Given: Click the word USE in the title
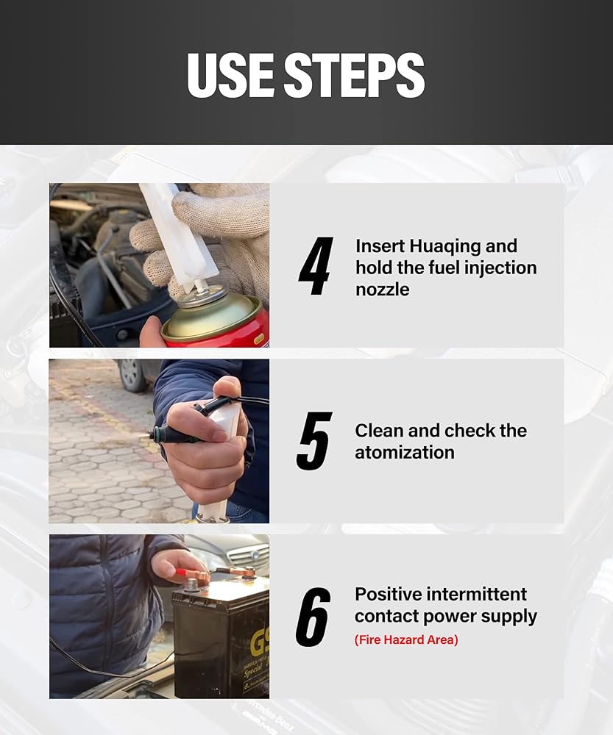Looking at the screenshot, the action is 231,75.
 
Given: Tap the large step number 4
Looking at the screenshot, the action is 316,266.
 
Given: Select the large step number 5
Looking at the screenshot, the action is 314,441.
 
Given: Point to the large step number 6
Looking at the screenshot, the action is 313,617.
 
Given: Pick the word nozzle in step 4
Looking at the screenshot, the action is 382,290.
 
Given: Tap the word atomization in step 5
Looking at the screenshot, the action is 405,453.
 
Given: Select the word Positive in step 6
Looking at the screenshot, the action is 388,595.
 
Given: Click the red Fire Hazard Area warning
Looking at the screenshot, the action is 406,640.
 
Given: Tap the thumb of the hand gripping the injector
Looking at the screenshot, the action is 225,391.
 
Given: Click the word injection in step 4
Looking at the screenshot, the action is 500,268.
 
